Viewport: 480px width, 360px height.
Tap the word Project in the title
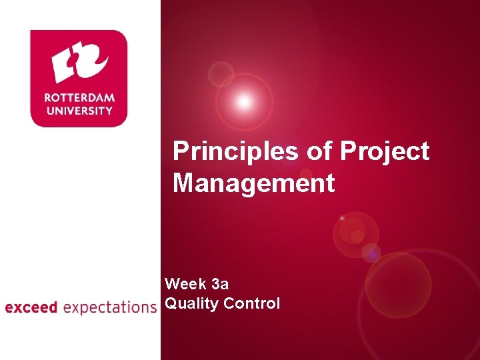click(385, 152)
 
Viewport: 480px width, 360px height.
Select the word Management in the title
click(253, 183)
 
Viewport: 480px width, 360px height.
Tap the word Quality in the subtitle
click(192, 304)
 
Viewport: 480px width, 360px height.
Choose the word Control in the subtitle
click(252, 304)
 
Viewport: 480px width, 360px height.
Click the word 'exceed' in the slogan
click(31, 308)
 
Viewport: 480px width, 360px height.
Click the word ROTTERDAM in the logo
click(79, 97)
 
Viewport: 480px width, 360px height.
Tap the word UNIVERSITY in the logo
click(79, 110)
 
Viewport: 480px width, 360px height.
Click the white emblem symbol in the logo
click(79, 63)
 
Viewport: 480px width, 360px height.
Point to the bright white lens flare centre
click(244, 102)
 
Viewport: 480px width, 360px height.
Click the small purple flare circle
click(371, 253)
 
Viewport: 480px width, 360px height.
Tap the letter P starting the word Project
click(349, 152)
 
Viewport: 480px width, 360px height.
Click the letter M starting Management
click(184, 183)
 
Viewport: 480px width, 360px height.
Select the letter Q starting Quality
click(171, 304)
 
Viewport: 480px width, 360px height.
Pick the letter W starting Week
click(173, 285)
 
